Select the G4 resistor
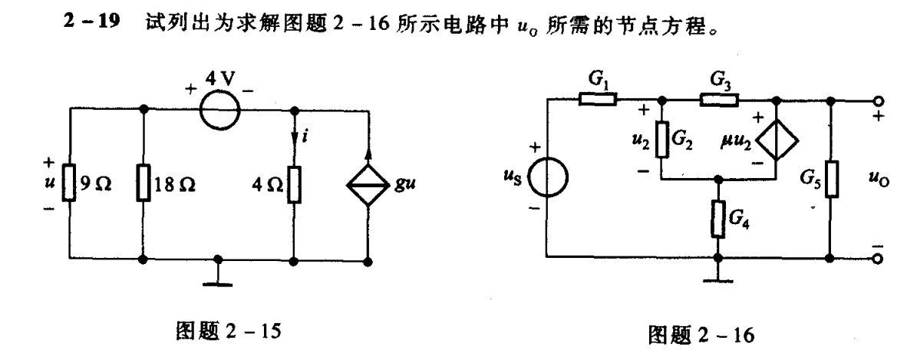coord(717,219)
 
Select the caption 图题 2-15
coord(218,332)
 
